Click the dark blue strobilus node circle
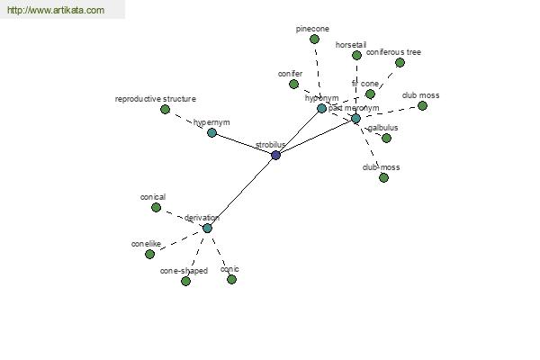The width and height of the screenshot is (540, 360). click(275, 155)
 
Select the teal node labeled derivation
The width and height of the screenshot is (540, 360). click(207, 228)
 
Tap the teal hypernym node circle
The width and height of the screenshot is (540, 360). click(211, 132)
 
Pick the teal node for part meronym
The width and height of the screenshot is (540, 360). click(355, 118)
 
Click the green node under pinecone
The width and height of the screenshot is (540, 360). click(314, 39)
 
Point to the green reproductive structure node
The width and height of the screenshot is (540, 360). click(165, 109)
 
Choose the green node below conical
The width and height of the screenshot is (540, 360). click(156, 207)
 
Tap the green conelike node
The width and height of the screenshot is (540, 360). click(149, 254)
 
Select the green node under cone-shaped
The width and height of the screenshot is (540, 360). click(185, 281)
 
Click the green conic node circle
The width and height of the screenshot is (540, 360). click(231, 279)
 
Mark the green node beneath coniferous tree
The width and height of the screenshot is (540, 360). click(400, 62)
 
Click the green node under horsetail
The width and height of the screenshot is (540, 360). click(356, 55)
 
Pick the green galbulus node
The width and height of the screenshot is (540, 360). click(386, 138)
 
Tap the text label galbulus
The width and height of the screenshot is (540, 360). click(382, 128)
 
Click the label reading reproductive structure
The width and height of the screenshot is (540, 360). click(155, 99)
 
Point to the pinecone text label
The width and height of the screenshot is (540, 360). click(312, 29)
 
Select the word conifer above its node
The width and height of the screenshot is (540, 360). click(290, 73)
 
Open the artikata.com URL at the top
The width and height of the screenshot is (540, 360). click(55, 10)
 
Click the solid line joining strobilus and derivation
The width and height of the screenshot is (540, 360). click(241, 192)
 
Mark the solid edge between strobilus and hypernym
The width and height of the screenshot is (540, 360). click(243, 143)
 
